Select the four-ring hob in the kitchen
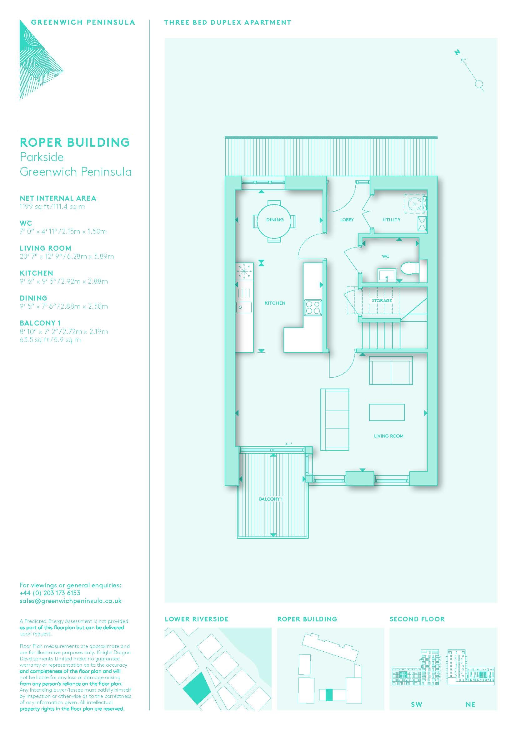click(312, 307)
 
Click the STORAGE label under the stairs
click(382, 301)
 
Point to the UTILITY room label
click(391, 220)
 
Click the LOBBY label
click(347, 220)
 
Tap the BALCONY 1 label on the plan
click(271, 499)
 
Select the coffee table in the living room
click(387, 412)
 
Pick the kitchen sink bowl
click(244, 307)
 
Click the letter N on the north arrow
click(458, 52)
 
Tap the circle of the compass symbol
click(479, 84)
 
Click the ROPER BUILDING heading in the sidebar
click(75, 142)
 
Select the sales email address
click(71, 601)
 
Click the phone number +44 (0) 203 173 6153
click(50, 593)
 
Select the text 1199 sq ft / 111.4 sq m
click(52, 207)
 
